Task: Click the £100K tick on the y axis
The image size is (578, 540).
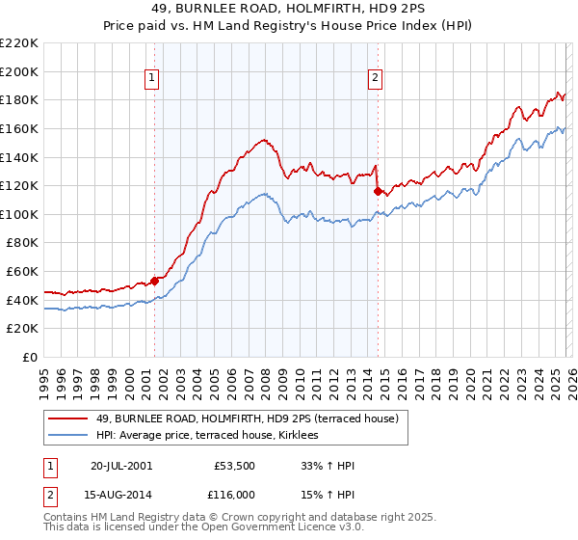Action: pos(19,214)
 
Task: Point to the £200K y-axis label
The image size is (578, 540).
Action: pos(19,71)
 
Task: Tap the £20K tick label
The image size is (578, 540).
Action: pos(22,329)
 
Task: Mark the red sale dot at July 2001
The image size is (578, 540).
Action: pos(154,281)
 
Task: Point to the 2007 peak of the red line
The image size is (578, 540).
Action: pos(264,139)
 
